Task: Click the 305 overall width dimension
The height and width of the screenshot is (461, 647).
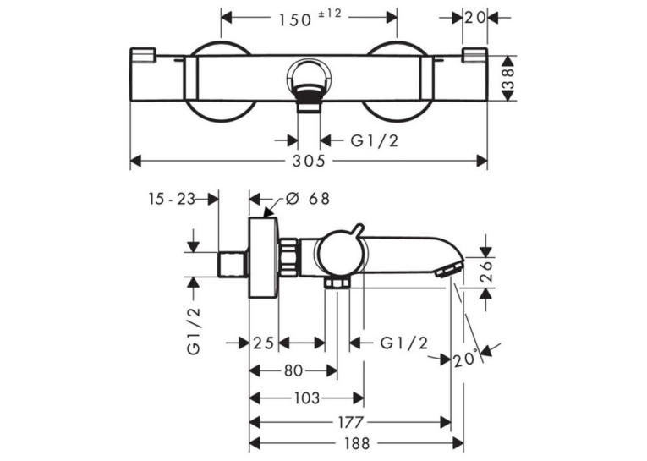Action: [309, 161]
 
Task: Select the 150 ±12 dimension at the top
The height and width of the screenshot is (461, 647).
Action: [310, 18]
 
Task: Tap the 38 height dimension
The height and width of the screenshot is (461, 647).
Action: [509, 78]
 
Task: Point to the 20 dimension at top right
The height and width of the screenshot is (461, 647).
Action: [475, 18]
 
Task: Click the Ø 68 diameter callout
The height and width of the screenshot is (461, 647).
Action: [308, 199]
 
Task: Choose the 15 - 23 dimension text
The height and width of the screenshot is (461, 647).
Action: [171, 200]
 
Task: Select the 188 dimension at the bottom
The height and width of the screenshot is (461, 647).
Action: [357, 444]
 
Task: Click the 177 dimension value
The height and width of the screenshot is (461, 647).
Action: [351, 423]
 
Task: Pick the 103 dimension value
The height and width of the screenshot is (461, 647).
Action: [307, 398]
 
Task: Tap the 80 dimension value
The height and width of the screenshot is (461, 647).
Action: [293, 370]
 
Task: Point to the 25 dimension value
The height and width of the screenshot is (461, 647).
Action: [263, 343]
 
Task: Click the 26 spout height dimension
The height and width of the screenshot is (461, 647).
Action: [487, 271]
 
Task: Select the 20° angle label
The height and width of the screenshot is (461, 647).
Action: [466, 359]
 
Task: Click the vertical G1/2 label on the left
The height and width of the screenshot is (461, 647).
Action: [194, 331]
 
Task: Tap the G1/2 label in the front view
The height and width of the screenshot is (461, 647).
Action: [375, 141]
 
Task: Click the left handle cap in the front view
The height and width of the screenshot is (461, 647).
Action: [142, 56]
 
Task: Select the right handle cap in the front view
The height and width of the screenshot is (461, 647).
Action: [475, 56]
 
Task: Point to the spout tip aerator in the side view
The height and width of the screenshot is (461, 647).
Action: [448, 270]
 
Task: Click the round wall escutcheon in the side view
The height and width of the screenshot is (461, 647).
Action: [264, 257]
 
